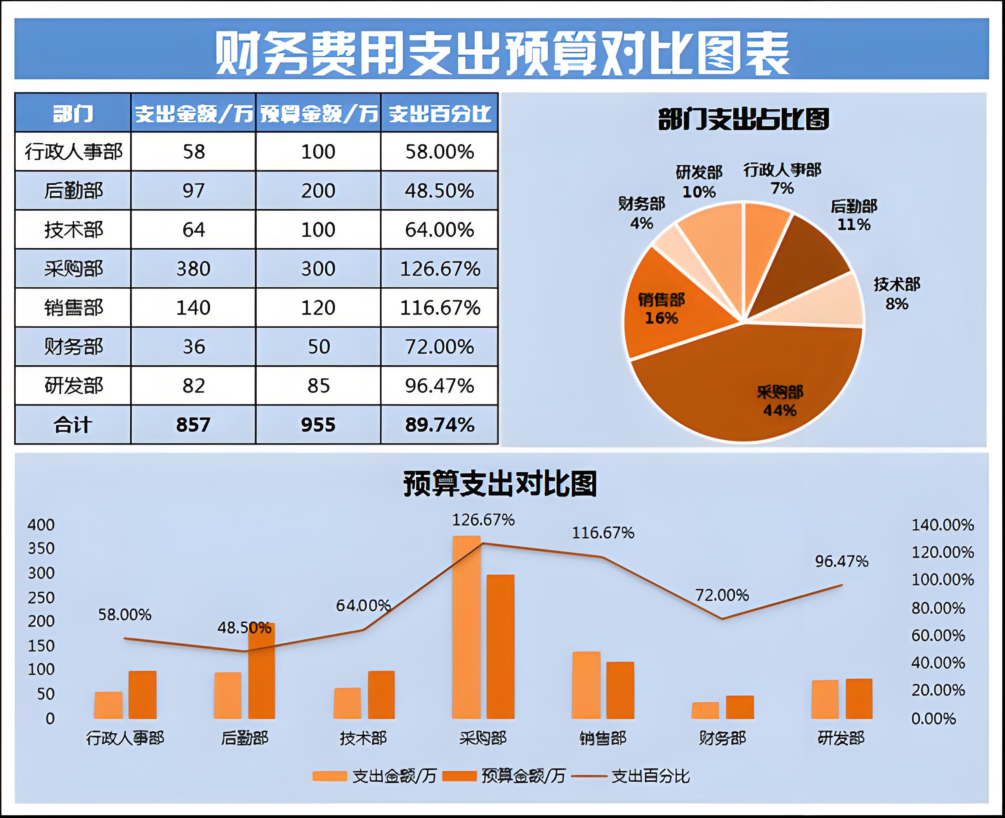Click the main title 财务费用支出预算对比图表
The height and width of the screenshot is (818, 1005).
point(502,53)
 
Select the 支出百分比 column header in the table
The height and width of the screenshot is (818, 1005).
point(440,113)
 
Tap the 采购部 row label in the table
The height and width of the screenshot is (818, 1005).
point(73,269)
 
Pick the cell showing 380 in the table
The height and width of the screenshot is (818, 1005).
point(193,269)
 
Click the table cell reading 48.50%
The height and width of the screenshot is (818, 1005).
point(440,191)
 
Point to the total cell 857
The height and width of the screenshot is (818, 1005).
point(193,425)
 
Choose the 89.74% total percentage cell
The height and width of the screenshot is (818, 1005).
point(440,425)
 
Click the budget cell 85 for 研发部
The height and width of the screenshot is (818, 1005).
point(318,386)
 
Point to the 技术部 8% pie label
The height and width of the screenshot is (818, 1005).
point(897,294)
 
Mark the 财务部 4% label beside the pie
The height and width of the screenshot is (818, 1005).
point(642,213)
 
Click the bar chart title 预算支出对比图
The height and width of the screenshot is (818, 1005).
point(501,484)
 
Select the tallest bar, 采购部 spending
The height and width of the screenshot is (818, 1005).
point(466,627)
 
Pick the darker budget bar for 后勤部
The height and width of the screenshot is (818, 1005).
point(262,672)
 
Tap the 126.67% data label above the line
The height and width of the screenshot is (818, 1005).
point(483,520)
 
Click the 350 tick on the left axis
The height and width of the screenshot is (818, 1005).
point(42,548)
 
